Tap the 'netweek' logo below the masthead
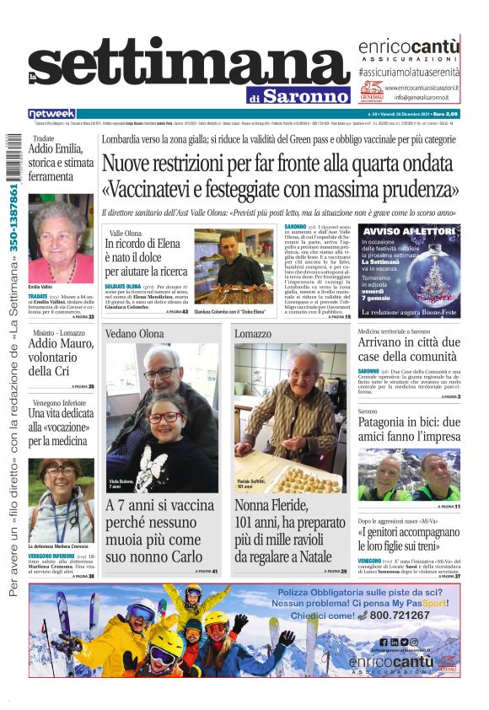click(52, 113)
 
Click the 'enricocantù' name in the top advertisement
click(409, 47)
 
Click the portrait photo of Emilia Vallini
click(61, 242)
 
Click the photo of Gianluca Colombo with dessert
click(234, 267)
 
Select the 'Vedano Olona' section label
click(135, 334)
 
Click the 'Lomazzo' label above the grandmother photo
click(253, 334)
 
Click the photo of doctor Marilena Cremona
click(61, 501)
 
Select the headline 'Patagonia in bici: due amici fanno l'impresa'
click(409, 428)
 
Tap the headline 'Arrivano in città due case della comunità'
click(409, 349)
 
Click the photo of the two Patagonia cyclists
click(409, 476)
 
